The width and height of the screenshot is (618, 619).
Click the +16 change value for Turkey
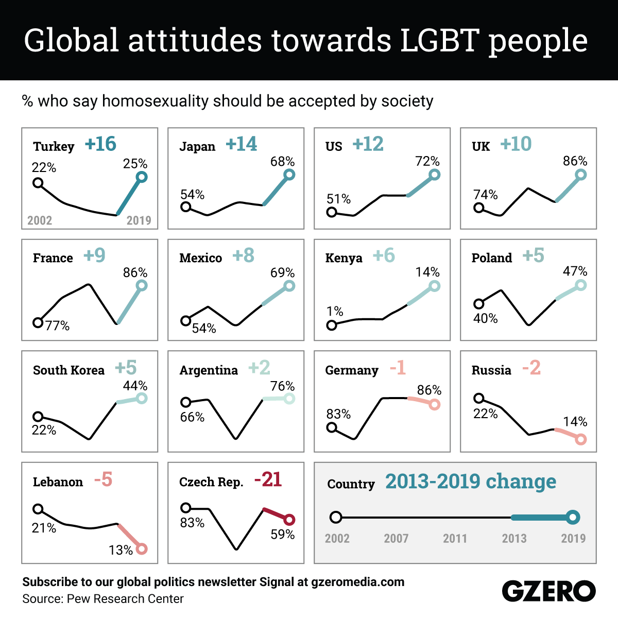pos(100,144)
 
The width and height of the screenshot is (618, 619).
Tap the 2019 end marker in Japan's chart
pos(289,175)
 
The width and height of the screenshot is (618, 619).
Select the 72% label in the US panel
pos(427,162)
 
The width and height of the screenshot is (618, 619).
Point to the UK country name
pos(480,147)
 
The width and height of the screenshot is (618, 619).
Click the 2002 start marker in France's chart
pos(38,323)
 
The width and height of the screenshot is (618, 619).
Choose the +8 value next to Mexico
pos(243,256)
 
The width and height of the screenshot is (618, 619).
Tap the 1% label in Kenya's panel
pos(335,311)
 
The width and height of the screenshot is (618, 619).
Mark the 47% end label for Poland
pos(575,271)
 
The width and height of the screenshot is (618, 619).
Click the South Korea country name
pos(68,370)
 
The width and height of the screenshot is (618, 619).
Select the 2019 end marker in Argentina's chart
pos(289,399)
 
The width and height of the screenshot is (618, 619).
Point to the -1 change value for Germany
pos(398,368)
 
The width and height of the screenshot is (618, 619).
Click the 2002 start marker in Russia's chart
pos(478,398)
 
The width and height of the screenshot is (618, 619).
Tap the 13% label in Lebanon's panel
pos(121,551)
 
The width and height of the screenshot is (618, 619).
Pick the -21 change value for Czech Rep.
pos(268,480)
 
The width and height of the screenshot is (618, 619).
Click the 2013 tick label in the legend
pos(514,539)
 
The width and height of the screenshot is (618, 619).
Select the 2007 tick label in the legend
pos(396,539)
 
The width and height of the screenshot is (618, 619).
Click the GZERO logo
pos(548,591)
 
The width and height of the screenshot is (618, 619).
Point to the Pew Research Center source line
pos(103,599)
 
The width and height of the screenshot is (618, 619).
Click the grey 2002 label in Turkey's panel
pos(40,220)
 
